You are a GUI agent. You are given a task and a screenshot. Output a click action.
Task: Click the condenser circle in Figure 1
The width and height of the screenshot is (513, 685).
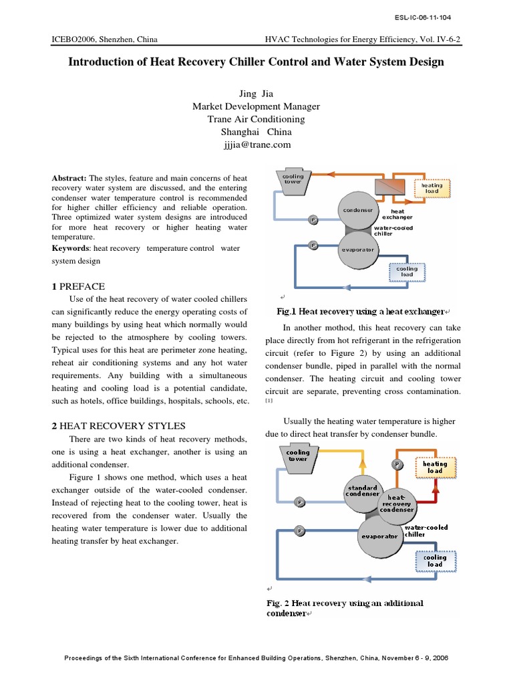click(358, 211)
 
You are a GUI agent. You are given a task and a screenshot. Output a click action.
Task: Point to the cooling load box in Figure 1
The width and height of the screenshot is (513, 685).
click(407, 272)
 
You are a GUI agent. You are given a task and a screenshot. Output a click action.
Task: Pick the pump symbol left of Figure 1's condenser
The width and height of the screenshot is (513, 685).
click(313, 219)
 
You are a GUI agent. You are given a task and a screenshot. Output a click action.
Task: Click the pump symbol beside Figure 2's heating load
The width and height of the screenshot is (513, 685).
click(397, 464)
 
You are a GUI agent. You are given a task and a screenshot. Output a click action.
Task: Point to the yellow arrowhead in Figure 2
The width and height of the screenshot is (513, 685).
click(362, 462)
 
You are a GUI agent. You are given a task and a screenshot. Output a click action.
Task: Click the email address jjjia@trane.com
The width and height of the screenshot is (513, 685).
click(256, 144)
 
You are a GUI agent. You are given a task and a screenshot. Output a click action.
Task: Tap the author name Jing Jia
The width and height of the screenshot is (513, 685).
click(256, 94)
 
